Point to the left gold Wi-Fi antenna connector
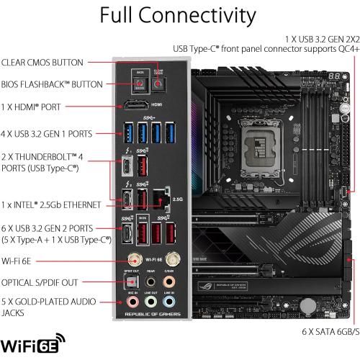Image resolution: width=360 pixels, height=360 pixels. pos(134,258)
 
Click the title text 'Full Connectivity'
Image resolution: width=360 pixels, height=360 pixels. pos(178,16)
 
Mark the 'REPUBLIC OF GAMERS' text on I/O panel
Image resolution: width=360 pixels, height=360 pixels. pos(152,316)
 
